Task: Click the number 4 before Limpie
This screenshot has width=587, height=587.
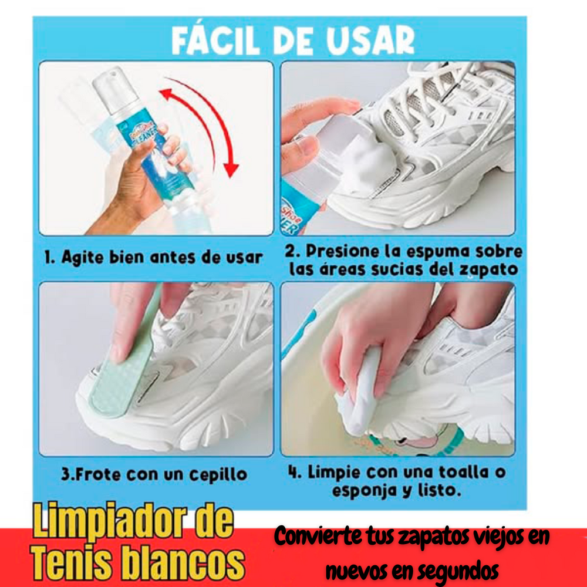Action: coord(292,472)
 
